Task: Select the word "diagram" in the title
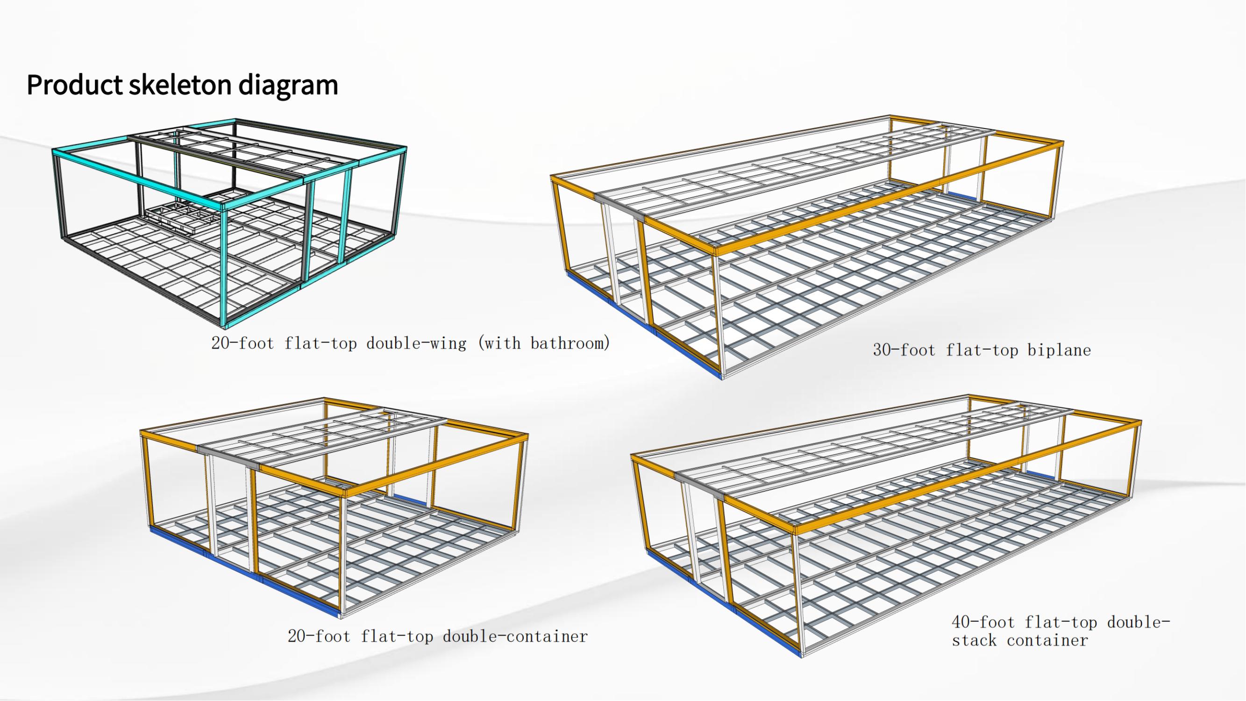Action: pos(288,85)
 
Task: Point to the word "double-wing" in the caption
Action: pos(416,343)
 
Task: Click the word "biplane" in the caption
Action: pos(1059,350)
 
